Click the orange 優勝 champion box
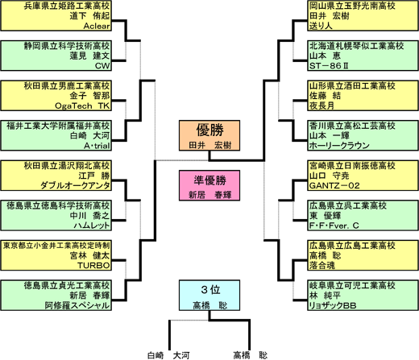pyautogui.click(x=209, y=135)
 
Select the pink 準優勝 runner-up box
pyautogui.click(x=209, y=185)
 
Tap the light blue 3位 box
pyautogui.click(x=209, y=296)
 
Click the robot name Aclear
pyautogui.click(x=97, y=26)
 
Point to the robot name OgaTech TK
pyautogui.click(x=82, y=106)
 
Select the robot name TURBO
pyautogui.click(x=93, y=266)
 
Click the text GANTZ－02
pyautogui.click(x=334, y=185)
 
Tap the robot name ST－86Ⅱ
pyautogui.click(x=329, y=66)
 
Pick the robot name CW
pyautogui.click(x=102, y=66)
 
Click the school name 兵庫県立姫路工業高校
pyautogui.click(x=67, y=6)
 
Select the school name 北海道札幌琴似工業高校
pyautogui.click(x=356, y=46)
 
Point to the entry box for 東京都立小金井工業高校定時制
pyautogui.click(x=56, y=255)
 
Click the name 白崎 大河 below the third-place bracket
pyautogui.click(x=168, y=355)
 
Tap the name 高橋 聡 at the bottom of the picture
pyautogui.click(x=251, y=355)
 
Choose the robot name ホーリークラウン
pyautogui.click(x=339, y=146)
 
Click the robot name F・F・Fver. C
pyautogui.click(x=334, y=226)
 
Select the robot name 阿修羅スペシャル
pyautogui.click(x=77, y=305)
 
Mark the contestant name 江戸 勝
pyautogui.click(x=94, y=176)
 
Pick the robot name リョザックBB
pyautogui.click(x=333, y=305)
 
